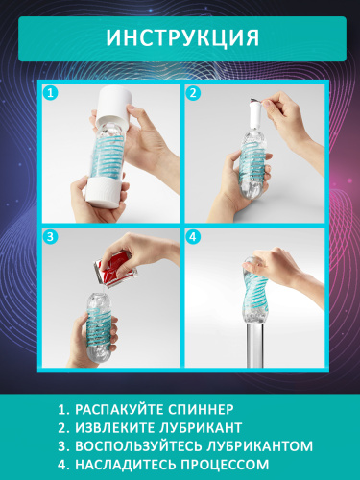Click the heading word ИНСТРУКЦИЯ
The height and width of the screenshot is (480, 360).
pyautogui.click(x=180, y=38)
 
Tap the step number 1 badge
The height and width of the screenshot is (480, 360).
pyautogui.click(x=51, y=94)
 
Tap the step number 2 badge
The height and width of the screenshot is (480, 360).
pyautogui.click(x=193, y=94)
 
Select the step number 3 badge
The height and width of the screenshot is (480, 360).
pyautogui.click(x=51, y=236)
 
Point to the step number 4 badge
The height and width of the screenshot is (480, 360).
pyautogui.click(x=193, y=236)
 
